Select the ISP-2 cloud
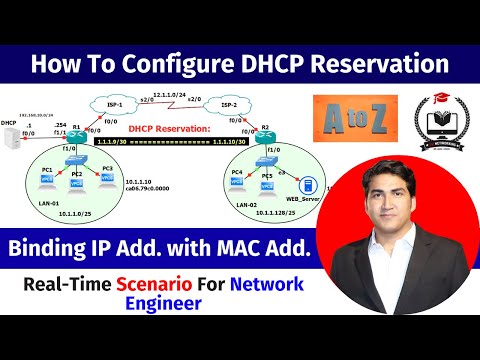pos(229,106)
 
